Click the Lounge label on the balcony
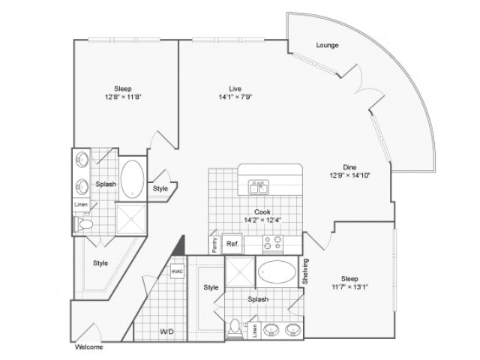[327, 45]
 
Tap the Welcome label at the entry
[88, 347]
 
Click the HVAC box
[177, 271]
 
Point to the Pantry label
[214, 245]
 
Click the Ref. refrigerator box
[232, 244]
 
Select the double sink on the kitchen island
[259, 186]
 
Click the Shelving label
[306, 271]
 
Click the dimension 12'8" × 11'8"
[124, 97]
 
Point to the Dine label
[349, 166]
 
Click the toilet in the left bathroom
[84, 224]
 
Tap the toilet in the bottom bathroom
[236, 328]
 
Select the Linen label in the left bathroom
[80, 205]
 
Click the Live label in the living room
[235, 88]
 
